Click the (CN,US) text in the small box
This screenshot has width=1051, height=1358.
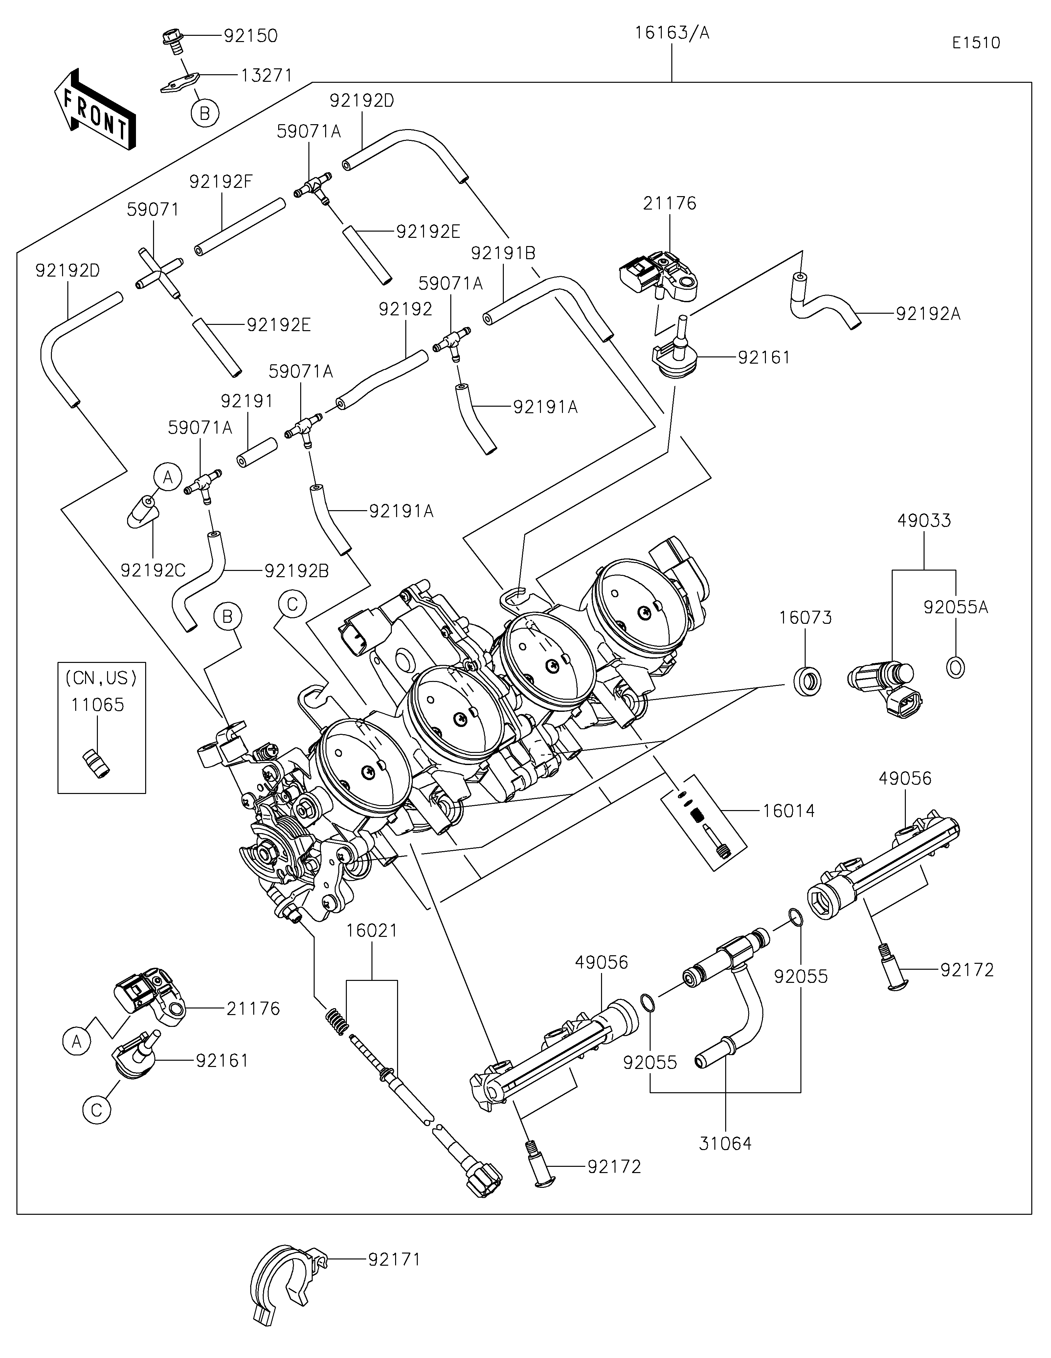101,678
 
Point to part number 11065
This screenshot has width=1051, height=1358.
98,705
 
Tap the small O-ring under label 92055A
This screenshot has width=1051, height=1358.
955,667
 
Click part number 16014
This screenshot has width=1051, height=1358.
788,811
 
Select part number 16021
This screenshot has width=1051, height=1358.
372,948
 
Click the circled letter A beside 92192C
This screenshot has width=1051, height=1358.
167,478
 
